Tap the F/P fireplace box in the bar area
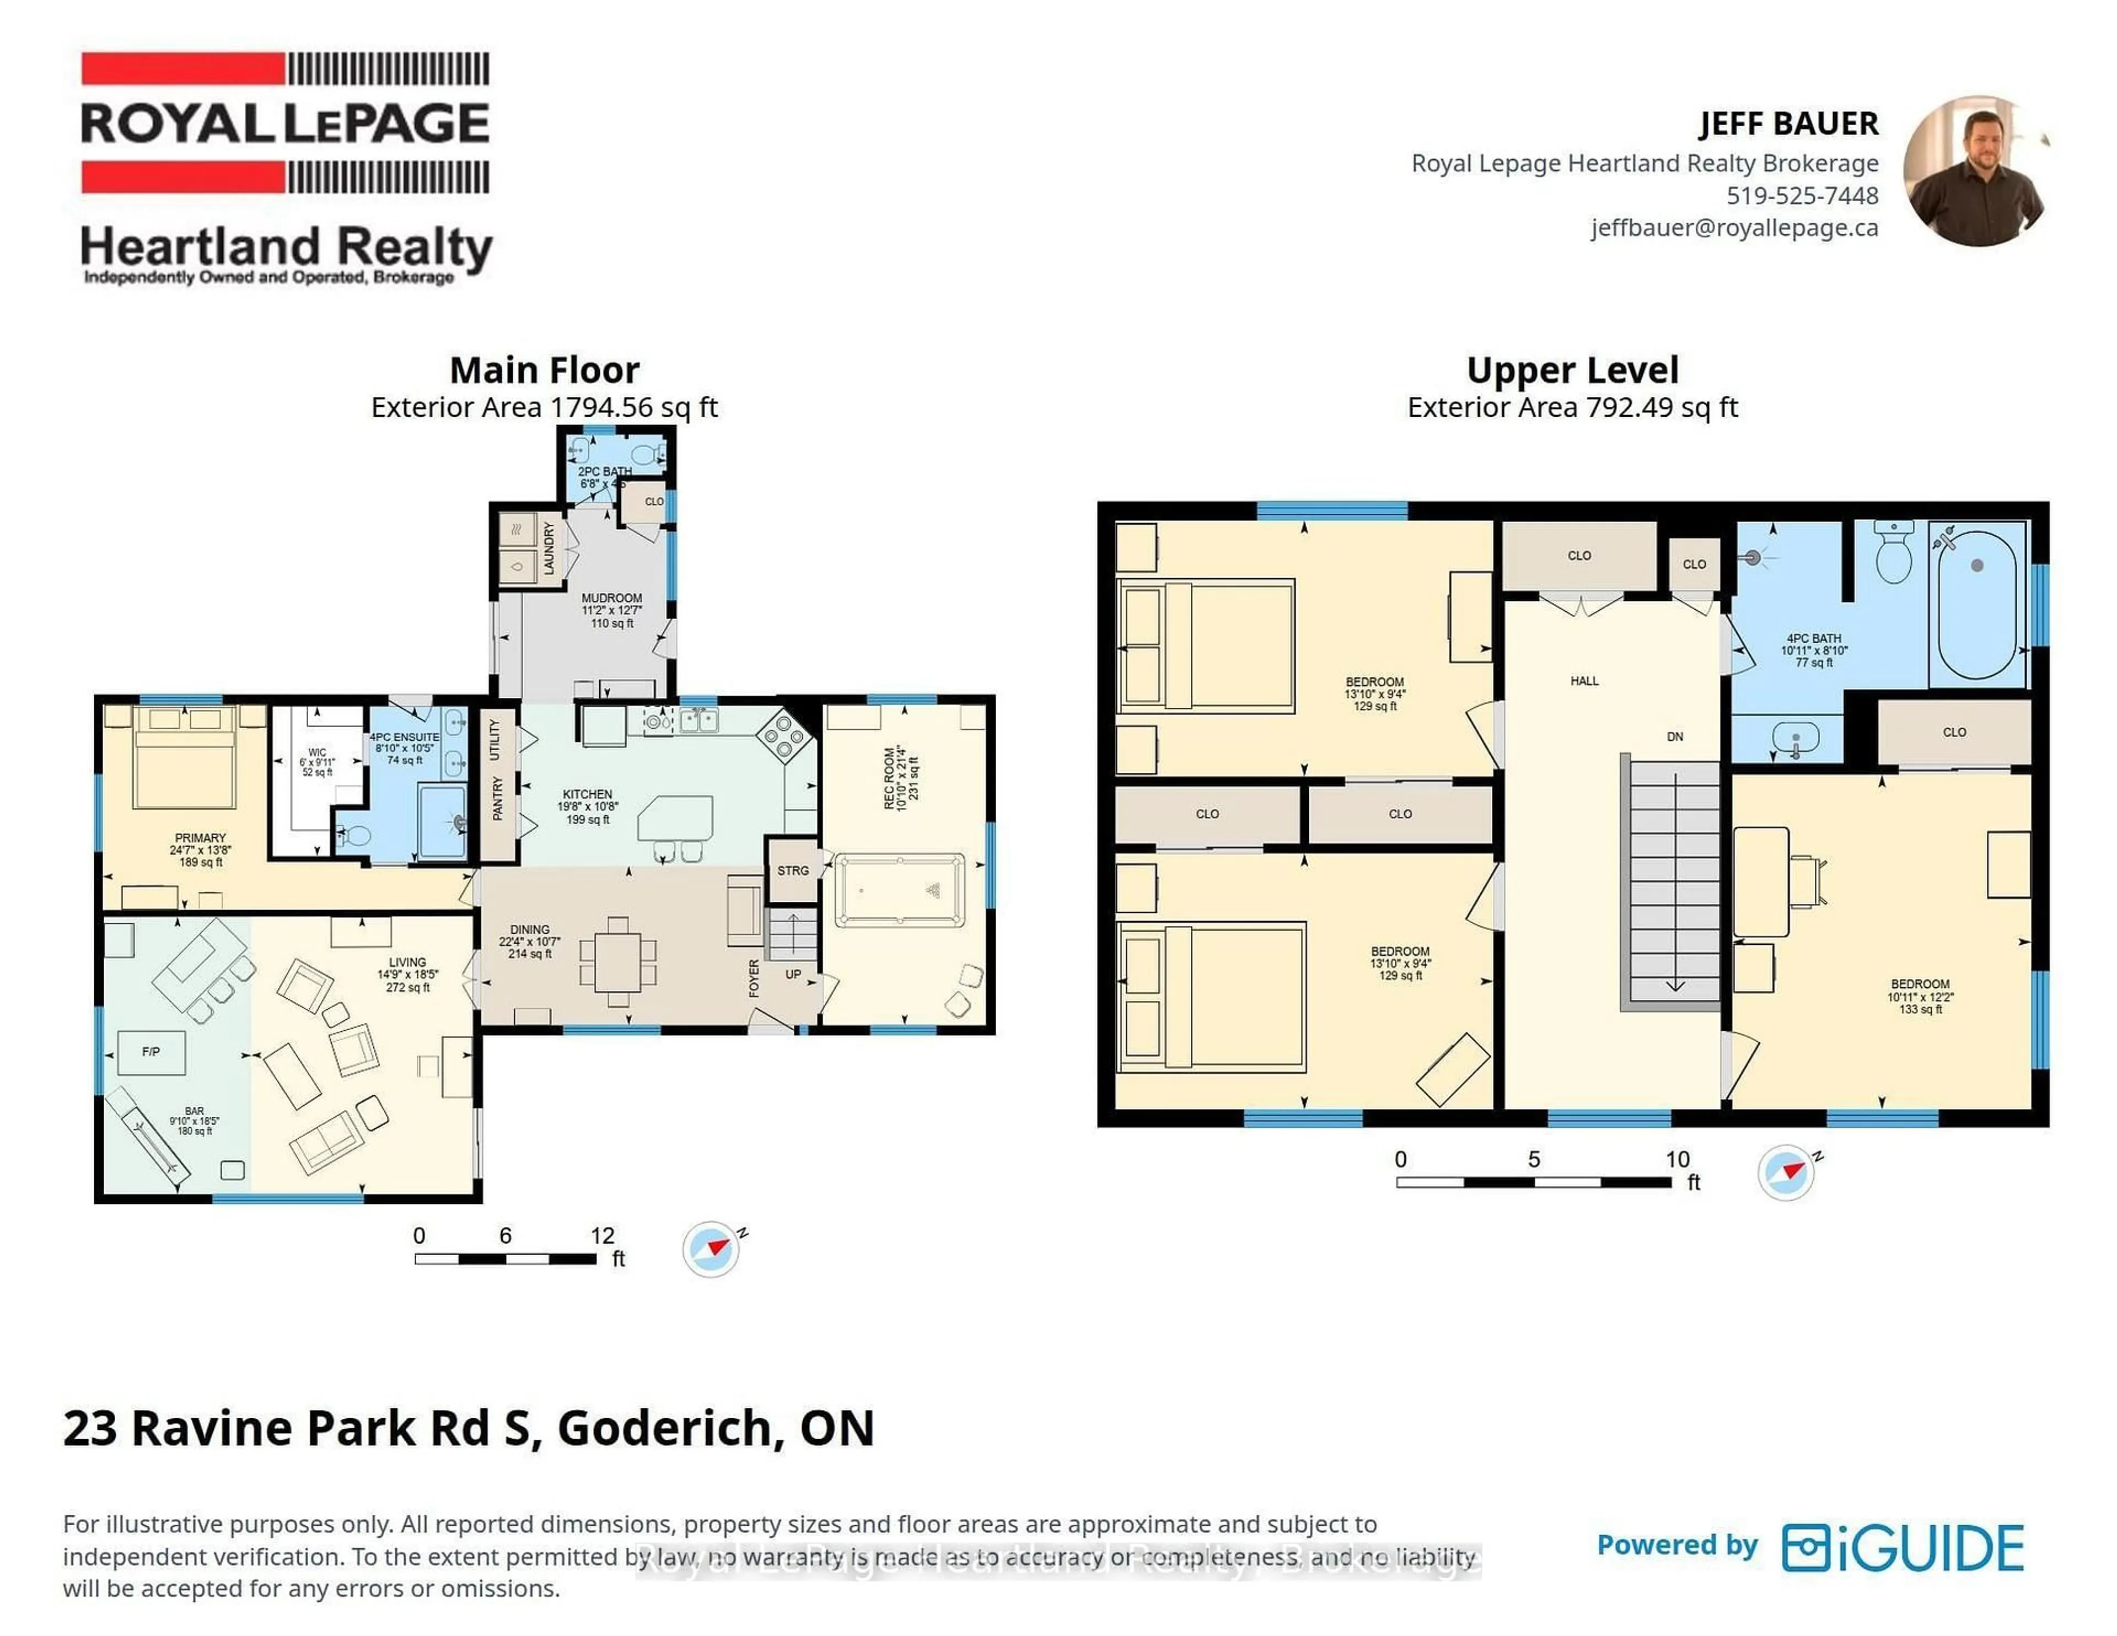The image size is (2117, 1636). pos(151,1052)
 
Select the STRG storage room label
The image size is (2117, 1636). pos(793,870)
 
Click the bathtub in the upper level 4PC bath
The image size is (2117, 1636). pos(1978,603)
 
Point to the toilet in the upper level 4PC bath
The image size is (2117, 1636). pos(1893,555)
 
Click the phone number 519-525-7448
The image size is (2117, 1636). pos(1802,196)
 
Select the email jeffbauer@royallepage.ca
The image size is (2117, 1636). pos(1734,228)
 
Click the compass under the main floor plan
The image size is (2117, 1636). pos(712,1248)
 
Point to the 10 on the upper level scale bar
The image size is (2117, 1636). pos(1677,1159)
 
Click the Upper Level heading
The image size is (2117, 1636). pos(1572,370)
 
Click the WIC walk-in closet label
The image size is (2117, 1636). pos(317,752)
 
